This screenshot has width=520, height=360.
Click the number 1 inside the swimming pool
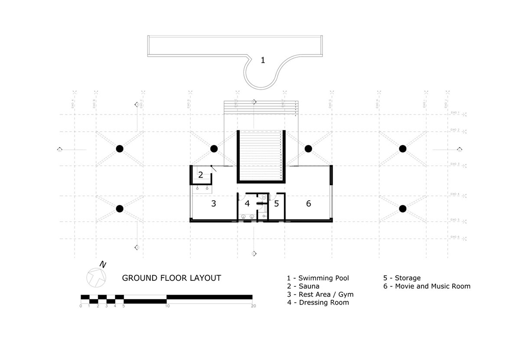262,60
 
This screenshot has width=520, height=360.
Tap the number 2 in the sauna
201,175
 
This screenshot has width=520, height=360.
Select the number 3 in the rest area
213,203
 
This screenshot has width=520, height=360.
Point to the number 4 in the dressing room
247,203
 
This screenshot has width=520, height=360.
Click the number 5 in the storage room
276,203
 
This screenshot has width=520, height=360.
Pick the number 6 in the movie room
309,203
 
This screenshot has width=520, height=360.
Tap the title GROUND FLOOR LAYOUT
171,278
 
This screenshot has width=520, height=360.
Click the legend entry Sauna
303,286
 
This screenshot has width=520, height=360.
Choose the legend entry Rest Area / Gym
320,295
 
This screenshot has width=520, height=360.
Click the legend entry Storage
402,278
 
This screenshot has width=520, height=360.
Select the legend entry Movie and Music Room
426,286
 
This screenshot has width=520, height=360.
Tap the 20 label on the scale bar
253,306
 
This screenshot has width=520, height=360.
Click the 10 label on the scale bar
167,306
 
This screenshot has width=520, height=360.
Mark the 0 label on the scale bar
81,306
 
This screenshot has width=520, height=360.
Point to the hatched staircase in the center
260,156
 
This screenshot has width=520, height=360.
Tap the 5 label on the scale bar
124,306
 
